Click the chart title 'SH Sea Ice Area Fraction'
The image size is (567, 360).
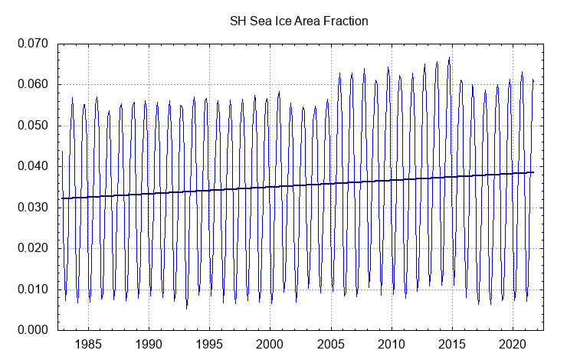[299, 21]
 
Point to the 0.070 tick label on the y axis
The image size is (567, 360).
[34, 44]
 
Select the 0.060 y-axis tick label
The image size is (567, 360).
[34, 84]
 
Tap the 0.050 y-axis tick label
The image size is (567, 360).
[34, 126]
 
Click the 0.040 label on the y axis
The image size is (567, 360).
[34, 166]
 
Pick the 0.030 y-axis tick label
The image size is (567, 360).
[34, 208]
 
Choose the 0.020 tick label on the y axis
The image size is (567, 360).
[34, 248]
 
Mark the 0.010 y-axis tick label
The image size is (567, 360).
[34, 290]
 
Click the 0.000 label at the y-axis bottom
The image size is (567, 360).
[34, 330]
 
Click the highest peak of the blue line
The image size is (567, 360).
[449, 57]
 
